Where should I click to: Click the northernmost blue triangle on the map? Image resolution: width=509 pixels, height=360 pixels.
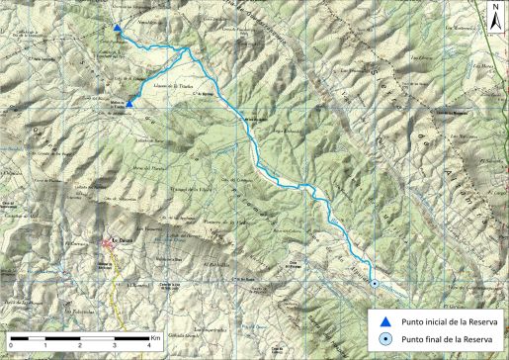tap(118, 29)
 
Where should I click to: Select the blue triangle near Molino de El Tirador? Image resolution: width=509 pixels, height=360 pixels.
tap(129, 103)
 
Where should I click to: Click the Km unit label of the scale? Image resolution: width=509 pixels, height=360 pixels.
tap(156, 337)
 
